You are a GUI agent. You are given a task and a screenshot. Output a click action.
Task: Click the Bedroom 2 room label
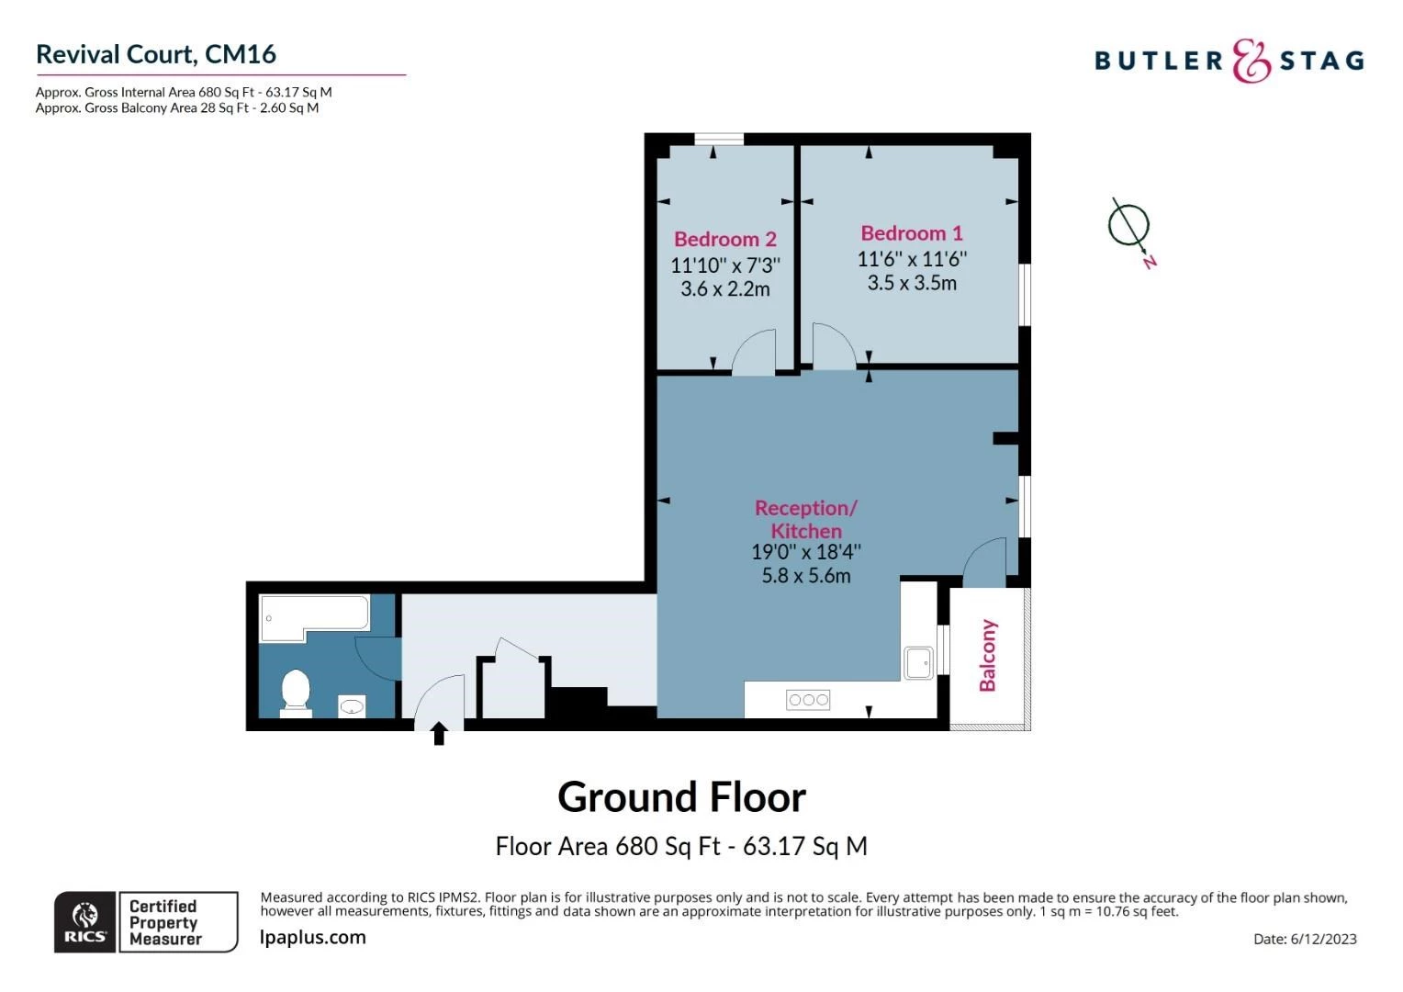[x=724, y=239]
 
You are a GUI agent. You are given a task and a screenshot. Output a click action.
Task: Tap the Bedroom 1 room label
[x=911, y=233]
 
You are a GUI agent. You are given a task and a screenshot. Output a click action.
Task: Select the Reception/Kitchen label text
[x=805, y=519]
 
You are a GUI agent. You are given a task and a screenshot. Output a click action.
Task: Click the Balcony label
[x=987, y=655]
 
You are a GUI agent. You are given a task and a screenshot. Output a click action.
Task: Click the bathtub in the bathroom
[x=314, y=613]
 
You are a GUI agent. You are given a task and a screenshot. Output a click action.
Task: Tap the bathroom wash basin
[x=353, y=705]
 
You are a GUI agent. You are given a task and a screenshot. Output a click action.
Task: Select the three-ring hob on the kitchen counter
[x=808, y=700]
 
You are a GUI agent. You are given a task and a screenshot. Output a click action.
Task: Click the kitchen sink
[x=918, y=662]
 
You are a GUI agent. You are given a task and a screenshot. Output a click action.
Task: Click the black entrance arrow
[x=439, y=733]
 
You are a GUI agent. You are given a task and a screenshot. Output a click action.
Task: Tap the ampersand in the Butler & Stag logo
[x=1251, y=61]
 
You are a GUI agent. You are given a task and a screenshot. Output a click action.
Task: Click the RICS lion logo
[x=85, y=920]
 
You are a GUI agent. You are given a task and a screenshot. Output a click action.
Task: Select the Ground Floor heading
[x=681, y=797]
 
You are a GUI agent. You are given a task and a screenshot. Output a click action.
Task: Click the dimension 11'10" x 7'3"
[x=724, y=265]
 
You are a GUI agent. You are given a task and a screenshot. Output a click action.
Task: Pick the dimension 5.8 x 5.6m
[x=805, y=576]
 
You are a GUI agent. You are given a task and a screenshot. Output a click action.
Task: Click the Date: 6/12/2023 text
[x=1304, y=939]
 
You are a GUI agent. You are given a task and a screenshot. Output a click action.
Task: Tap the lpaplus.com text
[x=312, y=938]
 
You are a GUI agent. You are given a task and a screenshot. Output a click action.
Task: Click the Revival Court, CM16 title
[x=156, y=54]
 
